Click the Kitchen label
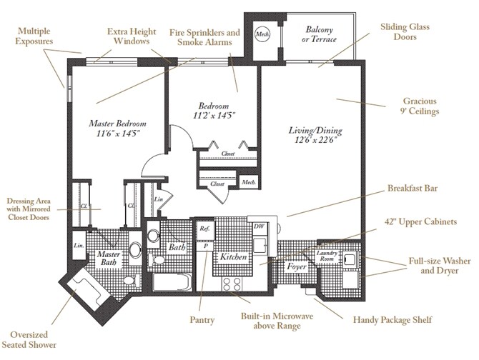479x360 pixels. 233,255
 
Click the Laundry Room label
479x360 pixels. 326,257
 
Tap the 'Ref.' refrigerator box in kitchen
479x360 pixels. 204,229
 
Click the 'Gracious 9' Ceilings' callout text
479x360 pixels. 419,106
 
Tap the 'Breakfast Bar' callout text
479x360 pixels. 412,189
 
